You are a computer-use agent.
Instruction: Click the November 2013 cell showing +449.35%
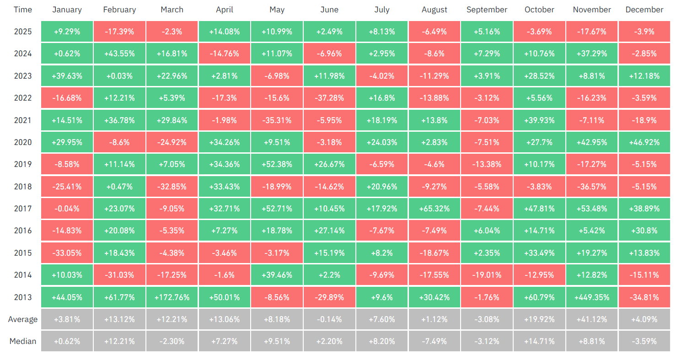(x=592, y=297)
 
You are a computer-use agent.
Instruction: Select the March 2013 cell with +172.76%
(x=172, y=297)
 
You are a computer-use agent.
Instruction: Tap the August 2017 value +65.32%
(x=435, y=209)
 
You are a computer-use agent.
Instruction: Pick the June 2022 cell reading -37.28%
(x=329, y=98)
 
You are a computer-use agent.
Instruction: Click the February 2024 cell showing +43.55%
(x=119, y=54)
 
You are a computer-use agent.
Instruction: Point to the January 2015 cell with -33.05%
(x=67, y=253)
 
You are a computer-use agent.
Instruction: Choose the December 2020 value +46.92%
(x=644, y=142)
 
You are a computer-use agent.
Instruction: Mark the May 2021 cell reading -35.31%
(x=277, y=120)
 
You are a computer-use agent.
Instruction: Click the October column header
(x=539, y=10)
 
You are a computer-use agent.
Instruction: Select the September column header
(x=487, y=10)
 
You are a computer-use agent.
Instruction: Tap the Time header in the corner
(x=22, y=10)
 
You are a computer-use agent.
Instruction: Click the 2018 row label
(x=22, y=187)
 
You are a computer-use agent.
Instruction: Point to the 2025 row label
(x=22, y=32)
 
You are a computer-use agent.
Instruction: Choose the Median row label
(x=22, y=341)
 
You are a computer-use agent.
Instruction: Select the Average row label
(x=22, y=319)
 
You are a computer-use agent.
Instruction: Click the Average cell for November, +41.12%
(x=592, y=319)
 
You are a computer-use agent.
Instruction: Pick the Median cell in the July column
(x=382, y=341)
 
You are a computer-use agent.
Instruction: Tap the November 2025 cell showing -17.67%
(x=592, y=32)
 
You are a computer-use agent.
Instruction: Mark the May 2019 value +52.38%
(x=277, y=164)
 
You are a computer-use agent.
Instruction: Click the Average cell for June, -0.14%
(x=329, y=319)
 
